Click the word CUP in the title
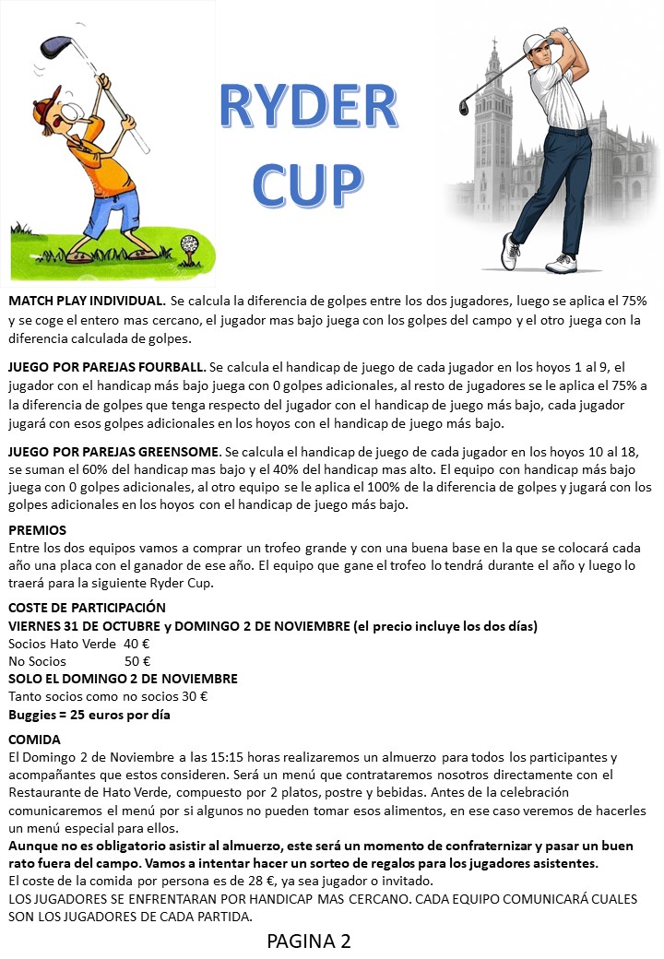tap(306, 182)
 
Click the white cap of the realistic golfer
tap(535, 42)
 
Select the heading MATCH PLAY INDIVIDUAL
tap(87, 301)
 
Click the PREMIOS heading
tap(37, 530)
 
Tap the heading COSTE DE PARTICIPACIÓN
tap(87, 608)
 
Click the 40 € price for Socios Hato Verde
tap(136, 644)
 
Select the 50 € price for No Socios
tap(136, 661)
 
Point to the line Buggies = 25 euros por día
tap(89, 715)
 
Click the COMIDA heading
tap(34, 740)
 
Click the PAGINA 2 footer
tap(309, 941)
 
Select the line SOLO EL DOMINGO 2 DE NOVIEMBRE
tap(123, 679)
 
